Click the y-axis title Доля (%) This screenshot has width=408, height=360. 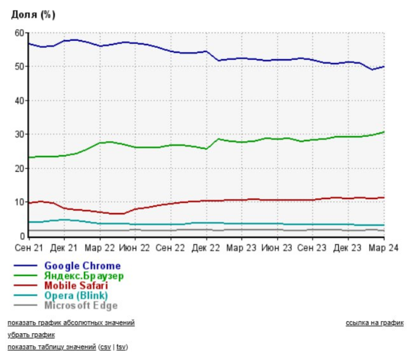coord(33,15)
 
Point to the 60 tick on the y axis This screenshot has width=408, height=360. coord(19,33)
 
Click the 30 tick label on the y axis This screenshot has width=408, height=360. coord(19,134)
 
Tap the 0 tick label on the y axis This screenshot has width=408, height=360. coord(22,236)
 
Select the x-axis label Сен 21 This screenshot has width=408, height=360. coord(29,248)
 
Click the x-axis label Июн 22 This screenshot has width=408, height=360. coord(134,248)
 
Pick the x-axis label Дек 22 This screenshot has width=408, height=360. coord(206,248)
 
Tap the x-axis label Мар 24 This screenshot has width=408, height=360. coord(383,248)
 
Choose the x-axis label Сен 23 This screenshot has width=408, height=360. coord(312,248)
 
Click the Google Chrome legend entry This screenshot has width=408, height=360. coord(82,266)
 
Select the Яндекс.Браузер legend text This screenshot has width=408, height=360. coord(84,276)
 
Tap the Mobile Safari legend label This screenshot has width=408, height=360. coord(76,285)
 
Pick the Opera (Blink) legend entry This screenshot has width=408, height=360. coord(76,295)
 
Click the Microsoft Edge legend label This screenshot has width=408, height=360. coord(81,306)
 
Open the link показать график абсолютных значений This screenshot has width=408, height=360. coord(71,323)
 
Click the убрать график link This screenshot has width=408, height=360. coord(31,335)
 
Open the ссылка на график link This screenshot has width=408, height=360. coord(374,323)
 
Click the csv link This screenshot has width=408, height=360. coord(105,347)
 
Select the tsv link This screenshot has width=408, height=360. coord(121,347)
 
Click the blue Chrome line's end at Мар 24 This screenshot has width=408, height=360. coord(384,67)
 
